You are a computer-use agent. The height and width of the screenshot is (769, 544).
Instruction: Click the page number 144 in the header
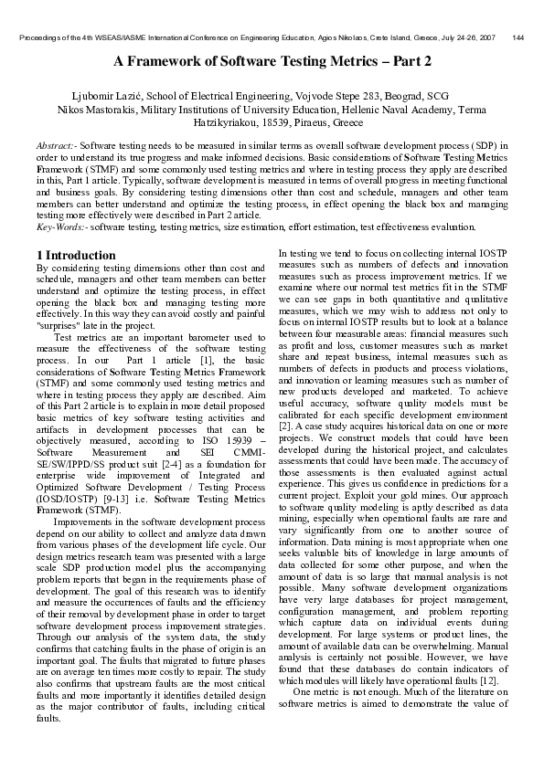[518, 37]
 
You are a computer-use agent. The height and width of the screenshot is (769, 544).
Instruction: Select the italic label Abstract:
[54, 145]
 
